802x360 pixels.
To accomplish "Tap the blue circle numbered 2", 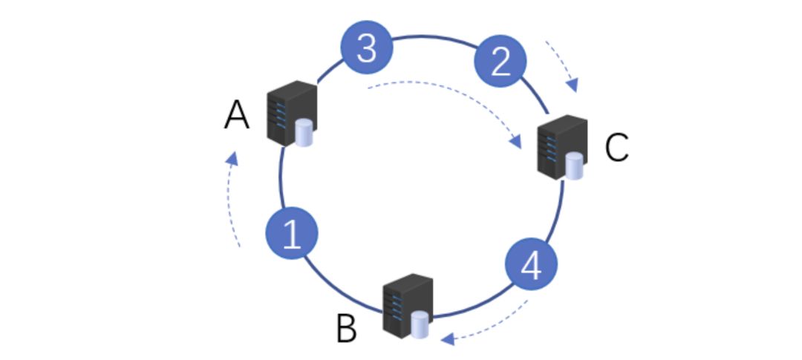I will (x=501, y=62).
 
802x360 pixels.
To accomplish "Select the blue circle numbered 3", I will (x=367, y=48).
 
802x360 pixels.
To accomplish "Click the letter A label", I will (x=236, y=117).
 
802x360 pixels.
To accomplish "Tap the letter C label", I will (x=616, y=148).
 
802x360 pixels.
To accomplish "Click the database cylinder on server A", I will (x=304, y=135).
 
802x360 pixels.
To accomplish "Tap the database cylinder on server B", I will (x=420, y=324).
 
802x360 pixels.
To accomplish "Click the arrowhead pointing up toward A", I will (x=232, y=159).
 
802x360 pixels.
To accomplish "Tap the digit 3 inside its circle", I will (x=367, y=48).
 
